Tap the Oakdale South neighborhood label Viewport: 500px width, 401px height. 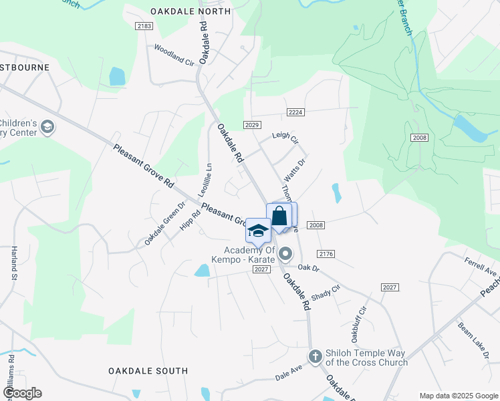(x=148, y=370)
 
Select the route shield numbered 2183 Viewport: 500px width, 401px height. (x=144, y=26)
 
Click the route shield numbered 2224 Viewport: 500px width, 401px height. (x=295, y=112)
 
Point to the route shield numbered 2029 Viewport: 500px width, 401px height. (x=252, y=125)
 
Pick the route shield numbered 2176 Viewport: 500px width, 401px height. (x=326, y=254)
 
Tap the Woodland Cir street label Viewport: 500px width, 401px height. (x=173, y=53)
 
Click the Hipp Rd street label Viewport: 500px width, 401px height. (x=190, y=221)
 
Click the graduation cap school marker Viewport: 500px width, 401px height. (x=258, y=230)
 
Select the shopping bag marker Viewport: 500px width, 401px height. (x=279, y=216)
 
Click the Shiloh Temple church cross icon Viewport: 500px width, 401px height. (x=316, y=356)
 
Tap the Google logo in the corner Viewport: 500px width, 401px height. (x=22, y=393)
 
